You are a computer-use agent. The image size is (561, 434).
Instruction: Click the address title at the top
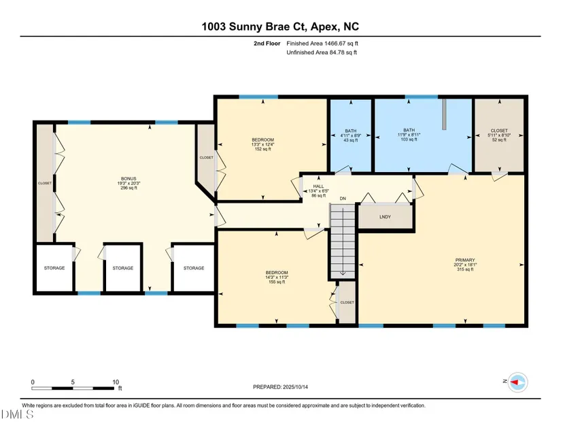click(x=280, y=27)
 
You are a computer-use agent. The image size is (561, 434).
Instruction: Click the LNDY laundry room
click(x=385, y=217)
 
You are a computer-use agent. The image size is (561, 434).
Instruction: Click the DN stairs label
click(x=343, y=199)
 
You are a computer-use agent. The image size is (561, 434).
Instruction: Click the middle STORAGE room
click(x=122, y=268)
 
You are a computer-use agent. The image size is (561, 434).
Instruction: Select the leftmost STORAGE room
click(x=54, y=268)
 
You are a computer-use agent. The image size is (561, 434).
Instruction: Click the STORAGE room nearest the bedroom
click(x=194, y=268)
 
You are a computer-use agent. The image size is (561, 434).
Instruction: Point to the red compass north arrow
click(x=514, y=382)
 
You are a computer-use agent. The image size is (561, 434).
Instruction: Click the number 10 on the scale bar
click(x=116, y=382)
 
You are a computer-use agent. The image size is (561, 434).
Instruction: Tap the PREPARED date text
click(x=280, y=387)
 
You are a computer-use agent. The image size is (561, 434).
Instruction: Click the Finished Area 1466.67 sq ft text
click(x=322, y=44)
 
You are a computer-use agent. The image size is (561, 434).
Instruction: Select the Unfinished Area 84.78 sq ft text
click(x=322, y=52)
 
